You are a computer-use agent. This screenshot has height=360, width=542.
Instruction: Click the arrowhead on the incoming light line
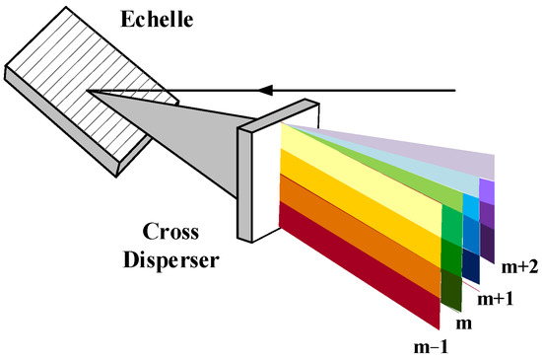click(265, 91)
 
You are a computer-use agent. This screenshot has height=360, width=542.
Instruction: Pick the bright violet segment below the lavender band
click(487, 189)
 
